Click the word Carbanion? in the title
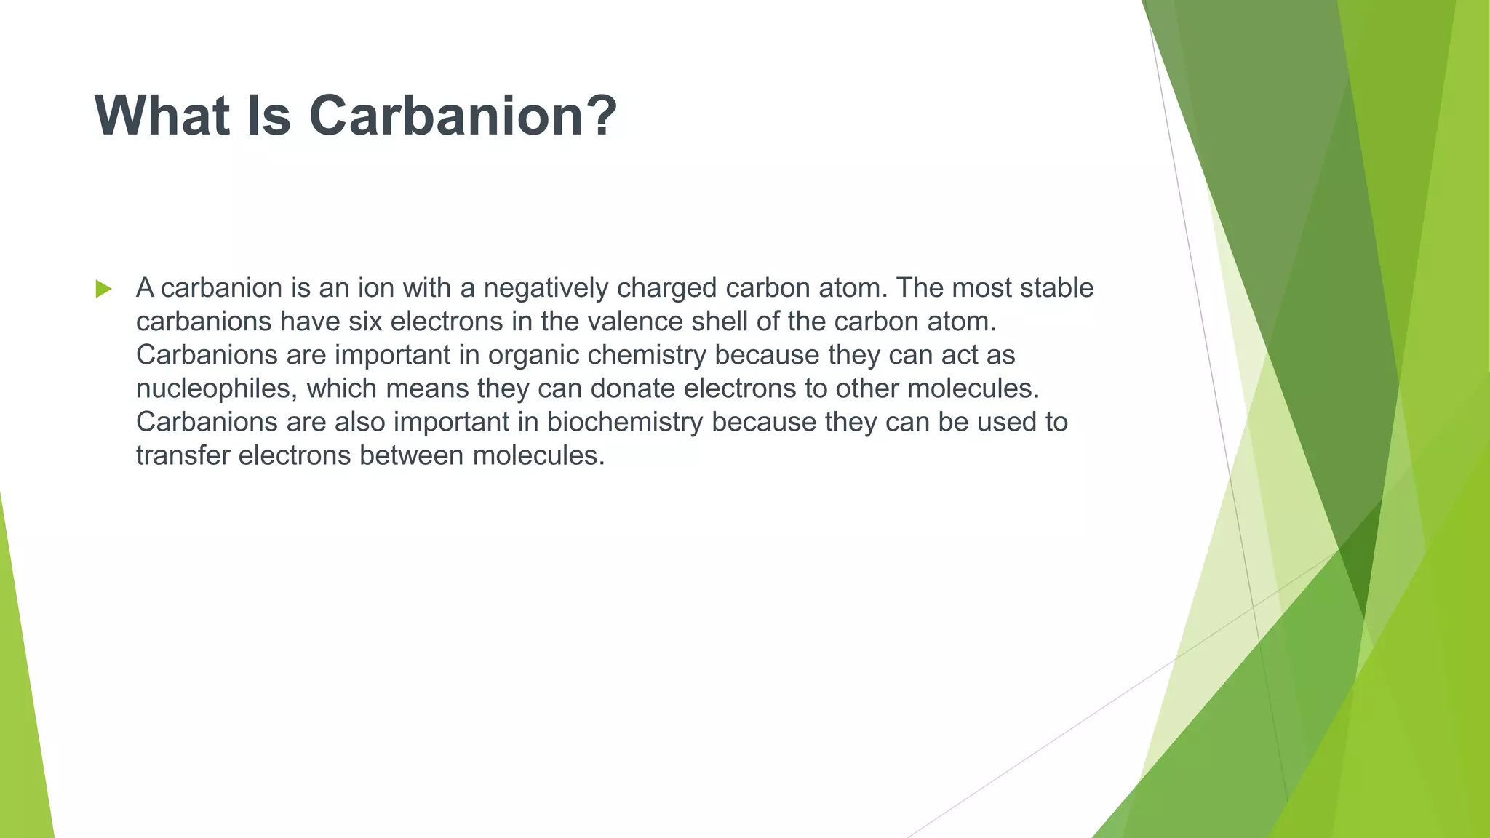463,116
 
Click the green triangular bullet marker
103,289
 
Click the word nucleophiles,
217,389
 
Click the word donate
632,388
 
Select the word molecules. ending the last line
538,456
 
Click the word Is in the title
269,116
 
